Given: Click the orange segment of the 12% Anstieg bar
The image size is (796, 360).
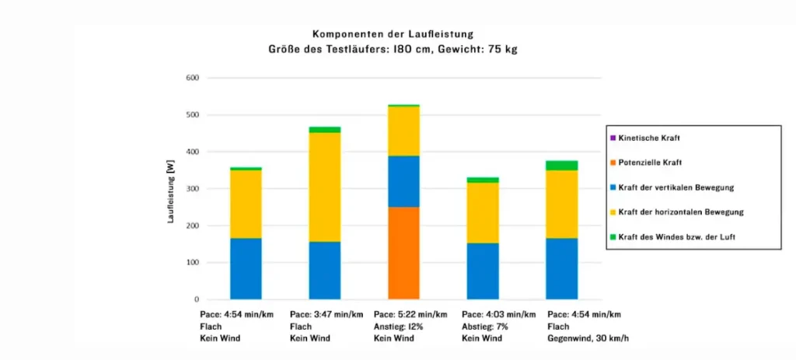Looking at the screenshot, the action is (403, 253).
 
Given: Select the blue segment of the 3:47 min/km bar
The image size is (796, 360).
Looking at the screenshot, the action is (325, 271).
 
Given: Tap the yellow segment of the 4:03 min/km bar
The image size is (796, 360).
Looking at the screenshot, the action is (483, 213).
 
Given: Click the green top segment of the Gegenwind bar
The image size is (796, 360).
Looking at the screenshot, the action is (561, 166).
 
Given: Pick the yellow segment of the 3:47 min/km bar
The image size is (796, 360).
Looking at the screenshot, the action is (325, 187).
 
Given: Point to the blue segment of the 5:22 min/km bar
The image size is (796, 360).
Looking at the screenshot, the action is (403, 181).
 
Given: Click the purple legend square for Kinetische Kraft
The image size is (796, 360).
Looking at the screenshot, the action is (613, 138).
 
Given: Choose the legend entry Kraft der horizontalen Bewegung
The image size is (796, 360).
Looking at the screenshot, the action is (677, 212).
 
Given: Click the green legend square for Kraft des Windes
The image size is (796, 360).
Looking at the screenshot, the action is (613, 237).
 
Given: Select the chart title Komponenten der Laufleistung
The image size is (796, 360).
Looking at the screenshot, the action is (393, 34).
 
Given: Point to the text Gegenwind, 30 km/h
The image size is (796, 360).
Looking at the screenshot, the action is (588, 339).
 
